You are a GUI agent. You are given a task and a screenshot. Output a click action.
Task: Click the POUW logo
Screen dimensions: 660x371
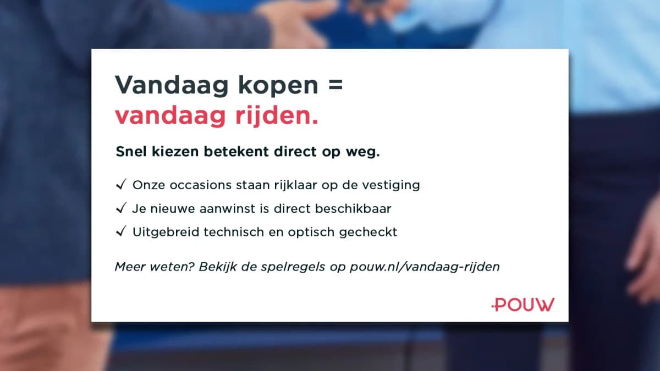(x=523, y=304)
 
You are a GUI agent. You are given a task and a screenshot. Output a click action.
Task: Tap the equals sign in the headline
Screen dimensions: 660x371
(x=335, y=84)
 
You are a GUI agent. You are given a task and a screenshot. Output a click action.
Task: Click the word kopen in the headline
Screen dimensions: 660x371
(x=278, y=86)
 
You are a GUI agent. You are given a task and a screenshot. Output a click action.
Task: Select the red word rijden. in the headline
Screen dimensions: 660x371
(x=277, y=115)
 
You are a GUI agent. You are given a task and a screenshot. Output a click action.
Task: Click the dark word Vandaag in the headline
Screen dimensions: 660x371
(x=172, y=86)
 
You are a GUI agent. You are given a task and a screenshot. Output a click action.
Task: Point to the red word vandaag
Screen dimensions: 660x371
(x=170, y=116)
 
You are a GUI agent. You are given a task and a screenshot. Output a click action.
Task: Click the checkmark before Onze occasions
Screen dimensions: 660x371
(x=121, y=184)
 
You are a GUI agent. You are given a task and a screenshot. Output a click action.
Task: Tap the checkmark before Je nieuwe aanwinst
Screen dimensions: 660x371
(x=121, y=208)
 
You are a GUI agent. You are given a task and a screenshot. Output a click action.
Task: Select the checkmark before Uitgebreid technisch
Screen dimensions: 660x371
(x=121, y=231)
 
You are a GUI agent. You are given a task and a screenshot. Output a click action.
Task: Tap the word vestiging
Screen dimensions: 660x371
(x=391, y=186)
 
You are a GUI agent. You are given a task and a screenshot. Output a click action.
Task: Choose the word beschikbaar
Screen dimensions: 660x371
(x=353, y=208)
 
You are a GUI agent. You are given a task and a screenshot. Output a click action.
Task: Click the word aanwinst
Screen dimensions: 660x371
(x=227, y=208)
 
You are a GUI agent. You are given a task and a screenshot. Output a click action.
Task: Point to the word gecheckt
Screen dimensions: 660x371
(x=368, y=232)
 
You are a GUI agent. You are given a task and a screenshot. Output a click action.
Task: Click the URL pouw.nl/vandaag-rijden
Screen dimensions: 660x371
(x=425, y=267)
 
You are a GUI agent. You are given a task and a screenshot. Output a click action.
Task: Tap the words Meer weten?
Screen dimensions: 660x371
(x=155, y=267)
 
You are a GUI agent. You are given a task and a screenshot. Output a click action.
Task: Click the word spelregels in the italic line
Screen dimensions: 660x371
(x=293, y=267)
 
